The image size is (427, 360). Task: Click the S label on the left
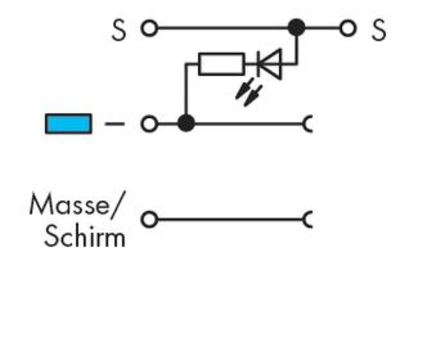tap(119, 31)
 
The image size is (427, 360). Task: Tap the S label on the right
tap(378, 31)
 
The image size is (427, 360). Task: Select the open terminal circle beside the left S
tap(149, 29)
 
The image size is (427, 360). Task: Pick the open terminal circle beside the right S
tap(348, 29)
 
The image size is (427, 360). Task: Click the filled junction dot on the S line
tap(297, 28)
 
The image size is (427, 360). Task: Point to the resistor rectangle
tap(222, 64)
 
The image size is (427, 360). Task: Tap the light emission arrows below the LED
tap(249, 91)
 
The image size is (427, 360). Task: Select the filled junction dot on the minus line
tap(186, 124)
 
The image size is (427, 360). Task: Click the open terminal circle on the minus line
tap(149, 124)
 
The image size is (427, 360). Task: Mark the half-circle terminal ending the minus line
tap(308, 124)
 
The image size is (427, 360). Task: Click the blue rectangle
tap(68, 124)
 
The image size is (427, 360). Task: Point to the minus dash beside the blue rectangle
tap(114, 124)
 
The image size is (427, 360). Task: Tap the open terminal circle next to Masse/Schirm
tap(149, 220)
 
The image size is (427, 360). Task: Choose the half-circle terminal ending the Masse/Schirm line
tap(308, 220)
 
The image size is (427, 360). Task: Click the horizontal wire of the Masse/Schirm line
tap(231, 220)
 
